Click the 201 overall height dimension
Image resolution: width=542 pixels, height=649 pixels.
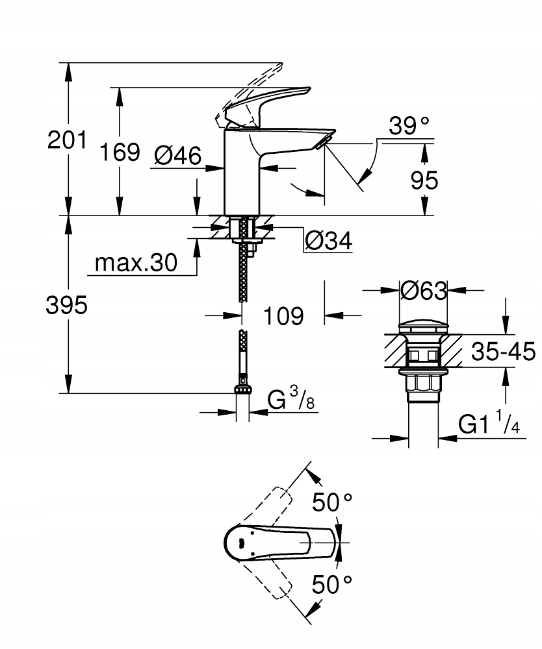pos(66,140)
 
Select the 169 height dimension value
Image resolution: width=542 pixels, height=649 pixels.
pos(120,152)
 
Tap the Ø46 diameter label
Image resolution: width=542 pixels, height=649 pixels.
pos(177,155)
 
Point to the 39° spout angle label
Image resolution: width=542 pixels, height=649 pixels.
pos(409,126)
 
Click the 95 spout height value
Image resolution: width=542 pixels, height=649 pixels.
pos(425,180)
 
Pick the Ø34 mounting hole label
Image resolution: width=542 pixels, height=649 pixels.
pos(328,241)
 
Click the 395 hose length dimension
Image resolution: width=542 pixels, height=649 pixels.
pos(66,305)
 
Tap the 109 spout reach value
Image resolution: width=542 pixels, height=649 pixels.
pos(284,316)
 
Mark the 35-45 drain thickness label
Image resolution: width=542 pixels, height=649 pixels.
pos(502,352)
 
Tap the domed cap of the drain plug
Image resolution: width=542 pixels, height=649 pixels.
pos(423,326)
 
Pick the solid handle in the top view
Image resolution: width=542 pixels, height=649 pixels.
pos(273,542)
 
